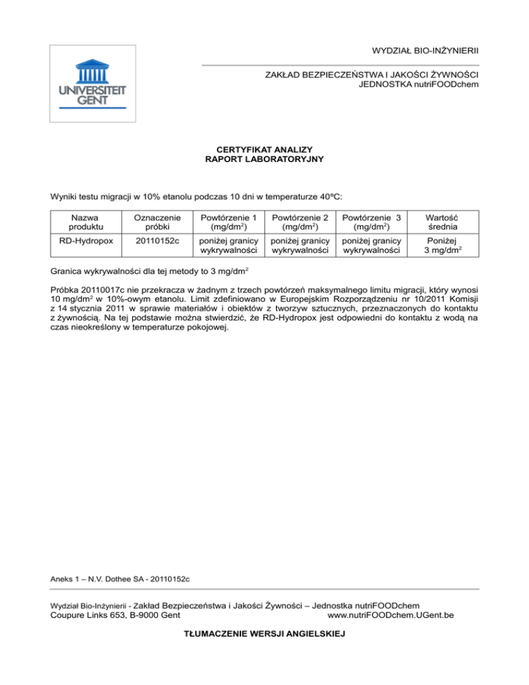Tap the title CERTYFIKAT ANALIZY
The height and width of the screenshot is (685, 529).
[264, 150]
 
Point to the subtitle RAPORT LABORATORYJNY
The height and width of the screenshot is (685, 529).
[264, 160]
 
